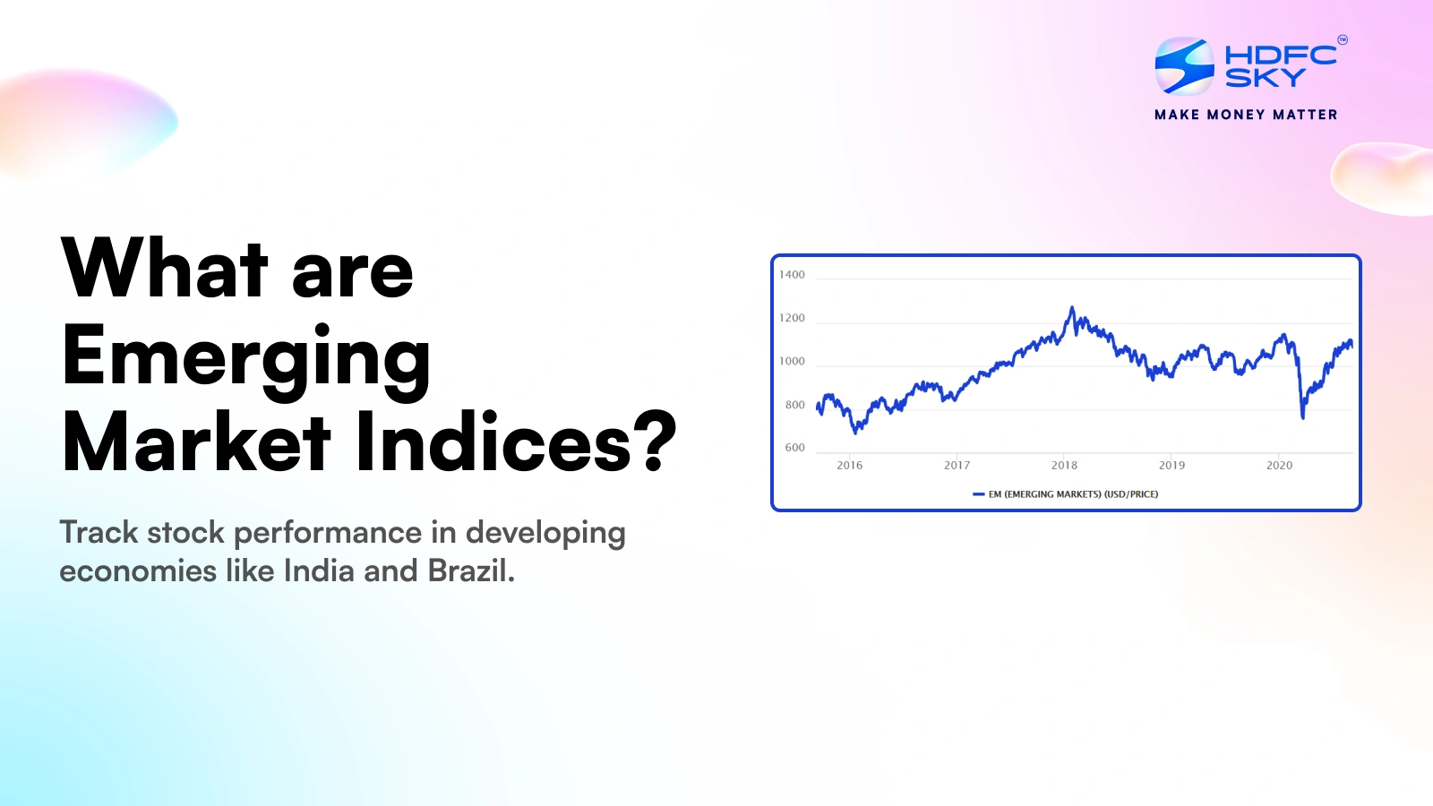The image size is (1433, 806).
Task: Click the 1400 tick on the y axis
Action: point(792,275)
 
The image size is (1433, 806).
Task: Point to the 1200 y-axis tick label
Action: point(792,318)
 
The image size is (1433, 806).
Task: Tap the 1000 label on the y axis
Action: point(792,361)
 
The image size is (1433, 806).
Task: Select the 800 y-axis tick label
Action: point(794,405)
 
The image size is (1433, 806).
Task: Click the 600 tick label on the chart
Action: point(794,448)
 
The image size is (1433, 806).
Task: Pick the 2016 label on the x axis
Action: point(849,465)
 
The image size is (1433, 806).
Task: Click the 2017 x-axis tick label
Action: point(957,465)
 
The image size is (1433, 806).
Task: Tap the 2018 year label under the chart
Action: point(1064,465)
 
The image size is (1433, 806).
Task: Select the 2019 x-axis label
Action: point(1171,465)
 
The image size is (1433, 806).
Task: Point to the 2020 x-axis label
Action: point(1279,465)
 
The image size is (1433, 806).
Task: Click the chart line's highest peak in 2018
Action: point(1072,309)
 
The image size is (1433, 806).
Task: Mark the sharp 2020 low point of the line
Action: point(1302,416)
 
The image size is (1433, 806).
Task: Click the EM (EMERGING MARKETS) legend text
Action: point(1072,494)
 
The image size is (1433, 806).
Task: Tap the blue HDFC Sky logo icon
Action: point(1184,66)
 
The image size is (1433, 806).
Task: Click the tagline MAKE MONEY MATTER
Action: point(1246,115)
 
